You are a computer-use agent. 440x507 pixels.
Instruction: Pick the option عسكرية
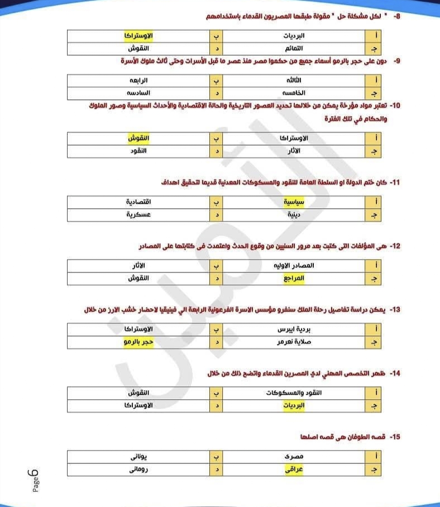(138, 214)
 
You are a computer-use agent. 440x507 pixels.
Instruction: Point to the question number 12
(395, 246)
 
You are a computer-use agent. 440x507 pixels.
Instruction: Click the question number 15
(395, 436)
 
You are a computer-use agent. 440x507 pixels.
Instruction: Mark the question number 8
(397, 17)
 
